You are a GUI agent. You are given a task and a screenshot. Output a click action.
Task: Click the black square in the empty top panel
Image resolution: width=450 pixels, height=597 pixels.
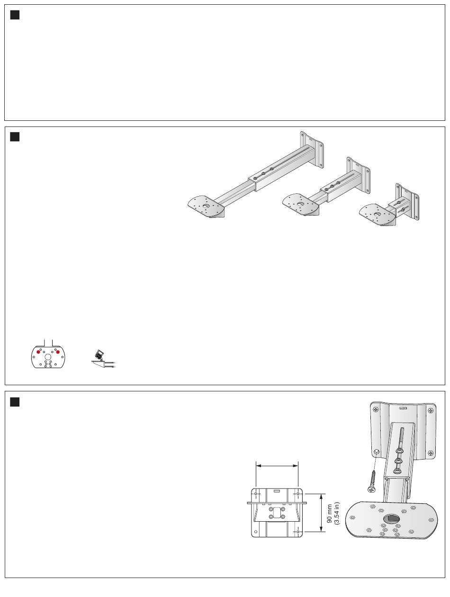[15, 15]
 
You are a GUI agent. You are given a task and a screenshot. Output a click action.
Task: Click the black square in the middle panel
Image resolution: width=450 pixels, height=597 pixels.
[15, 137]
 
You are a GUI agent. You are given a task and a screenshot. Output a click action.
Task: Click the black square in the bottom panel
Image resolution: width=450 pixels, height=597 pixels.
[15, 402]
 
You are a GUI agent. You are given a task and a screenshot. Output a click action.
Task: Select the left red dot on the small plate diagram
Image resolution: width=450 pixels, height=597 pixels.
[38, 352]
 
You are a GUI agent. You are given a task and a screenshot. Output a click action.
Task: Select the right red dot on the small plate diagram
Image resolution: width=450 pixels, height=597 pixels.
[58, 352]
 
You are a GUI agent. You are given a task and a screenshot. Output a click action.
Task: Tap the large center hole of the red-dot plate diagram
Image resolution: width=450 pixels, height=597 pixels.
[48, 357]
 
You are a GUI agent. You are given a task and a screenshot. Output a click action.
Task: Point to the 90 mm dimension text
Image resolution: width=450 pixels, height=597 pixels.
[329, 513]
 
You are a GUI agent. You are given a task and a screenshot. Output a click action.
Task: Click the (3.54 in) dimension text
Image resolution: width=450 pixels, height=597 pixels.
[337, 513]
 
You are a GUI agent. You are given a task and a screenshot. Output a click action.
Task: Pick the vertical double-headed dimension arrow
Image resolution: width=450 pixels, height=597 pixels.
[322, 513]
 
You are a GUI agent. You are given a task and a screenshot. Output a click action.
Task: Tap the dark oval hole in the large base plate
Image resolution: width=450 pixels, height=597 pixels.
[391, 519]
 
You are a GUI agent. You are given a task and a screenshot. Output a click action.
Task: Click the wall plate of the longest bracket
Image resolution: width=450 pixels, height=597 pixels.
[312, 150]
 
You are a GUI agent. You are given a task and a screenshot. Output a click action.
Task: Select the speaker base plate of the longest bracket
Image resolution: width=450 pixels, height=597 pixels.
[206, 207]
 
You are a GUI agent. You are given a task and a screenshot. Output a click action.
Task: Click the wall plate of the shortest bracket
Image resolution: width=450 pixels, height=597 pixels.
[407, 201]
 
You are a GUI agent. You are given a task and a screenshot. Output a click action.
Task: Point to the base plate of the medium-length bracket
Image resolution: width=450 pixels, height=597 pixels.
[300, 205]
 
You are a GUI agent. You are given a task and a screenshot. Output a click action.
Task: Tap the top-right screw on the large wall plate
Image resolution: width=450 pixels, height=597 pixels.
[431, 410]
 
